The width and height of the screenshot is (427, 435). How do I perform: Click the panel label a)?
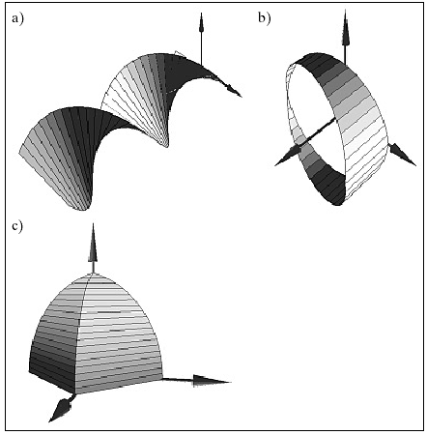[17, 18]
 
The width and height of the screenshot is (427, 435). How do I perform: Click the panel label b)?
[264, 17]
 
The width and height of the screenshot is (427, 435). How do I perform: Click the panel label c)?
[17, 226]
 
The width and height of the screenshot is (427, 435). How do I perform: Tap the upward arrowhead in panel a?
[201, 22]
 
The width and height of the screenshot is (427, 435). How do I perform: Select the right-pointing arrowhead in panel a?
[234, 90]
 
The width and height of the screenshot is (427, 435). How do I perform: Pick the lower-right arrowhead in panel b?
[403, 156]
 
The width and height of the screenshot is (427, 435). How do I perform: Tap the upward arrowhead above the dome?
[93, 243]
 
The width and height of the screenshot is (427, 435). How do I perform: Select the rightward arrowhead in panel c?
[212, 381]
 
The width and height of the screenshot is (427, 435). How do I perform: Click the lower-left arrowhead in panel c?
[60, 410]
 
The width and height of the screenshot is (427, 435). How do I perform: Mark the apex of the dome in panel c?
[93, 273]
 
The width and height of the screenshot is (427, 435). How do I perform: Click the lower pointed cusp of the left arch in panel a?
[83, 210]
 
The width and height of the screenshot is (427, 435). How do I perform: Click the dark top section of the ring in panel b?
[319, 65]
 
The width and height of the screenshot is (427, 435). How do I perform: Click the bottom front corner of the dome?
[75, 393]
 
